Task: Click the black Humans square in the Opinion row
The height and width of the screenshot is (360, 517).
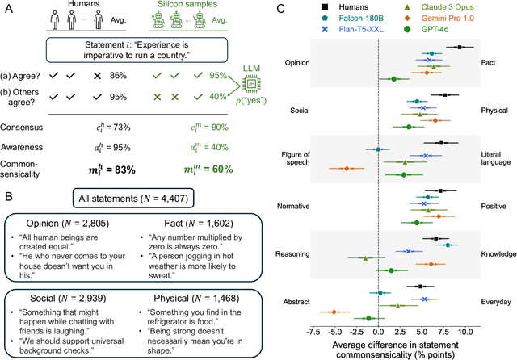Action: [460, 48]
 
